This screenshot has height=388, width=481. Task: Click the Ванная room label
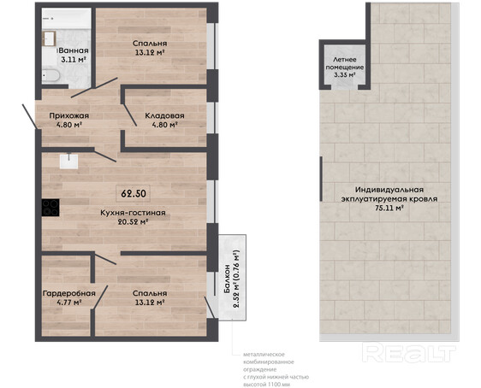[x=74, y=50]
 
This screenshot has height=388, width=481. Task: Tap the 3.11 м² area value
[x=73, y=60]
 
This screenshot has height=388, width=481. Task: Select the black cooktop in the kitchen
[x=50, y=208]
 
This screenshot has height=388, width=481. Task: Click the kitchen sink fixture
[x=68, y=161]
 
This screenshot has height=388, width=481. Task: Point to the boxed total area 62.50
[x=134, y=193]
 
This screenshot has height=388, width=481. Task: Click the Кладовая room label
[x=164, y=115]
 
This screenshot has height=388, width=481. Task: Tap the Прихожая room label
[x=69, y=115]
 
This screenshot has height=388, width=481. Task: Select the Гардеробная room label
[x=69, y=293]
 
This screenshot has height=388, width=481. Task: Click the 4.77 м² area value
[x=68, y=303]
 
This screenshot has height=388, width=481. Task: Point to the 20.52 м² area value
[x=134, y=221]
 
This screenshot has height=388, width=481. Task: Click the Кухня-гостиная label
[x=134, y=213]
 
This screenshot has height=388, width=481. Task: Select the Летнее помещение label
[x=345, y=63]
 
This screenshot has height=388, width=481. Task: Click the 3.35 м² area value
[x=345, y=75]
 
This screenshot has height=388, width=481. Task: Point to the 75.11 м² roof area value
[x=389, y=208]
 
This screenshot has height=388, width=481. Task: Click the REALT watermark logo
[x=409, y=352]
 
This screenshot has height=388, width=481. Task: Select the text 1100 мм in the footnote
[x=279, y=385]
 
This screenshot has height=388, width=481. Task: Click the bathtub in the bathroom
[x=50, y=75]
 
